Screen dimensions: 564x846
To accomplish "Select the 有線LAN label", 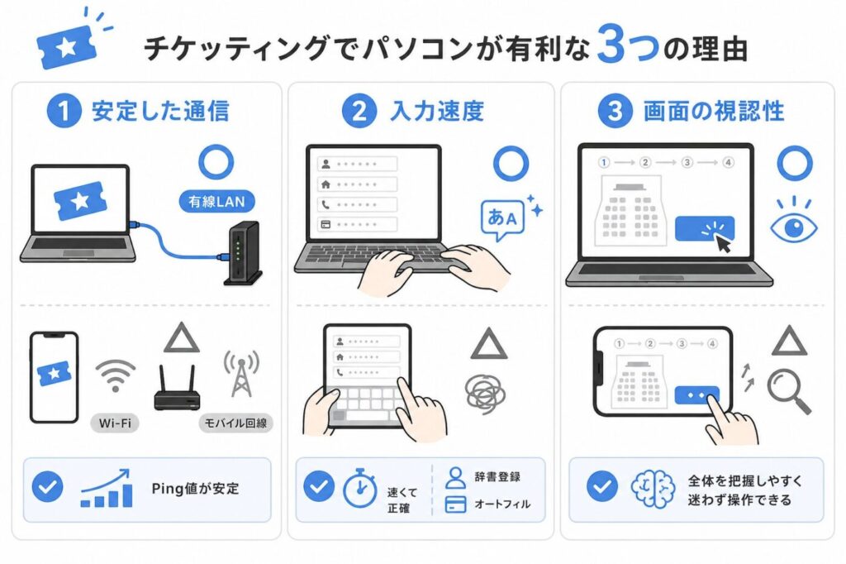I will click(x=215, y=201).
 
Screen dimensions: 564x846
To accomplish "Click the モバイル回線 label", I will click(x=236, y=424).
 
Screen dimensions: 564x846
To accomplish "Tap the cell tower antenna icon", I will click(x=240, y=375).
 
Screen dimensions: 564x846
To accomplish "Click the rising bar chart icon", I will click(x=106, y=489).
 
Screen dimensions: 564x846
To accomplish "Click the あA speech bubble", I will click(x=503, y=219).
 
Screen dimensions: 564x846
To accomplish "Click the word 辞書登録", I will click(x=497, y=477).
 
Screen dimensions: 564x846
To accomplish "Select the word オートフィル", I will click(x=501, y=504).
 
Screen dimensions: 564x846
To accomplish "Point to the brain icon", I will click(x=652, y=488).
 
